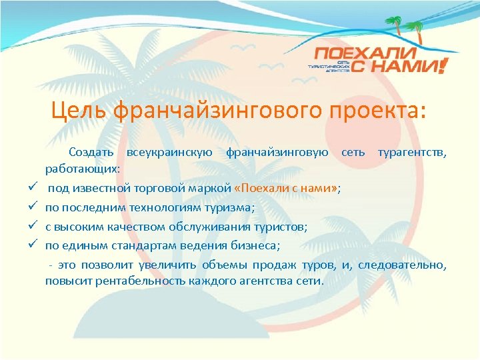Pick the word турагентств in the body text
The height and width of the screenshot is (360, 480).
pos(411,153)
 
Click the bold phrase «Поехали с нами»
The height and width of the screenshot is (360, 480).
pos(287,189)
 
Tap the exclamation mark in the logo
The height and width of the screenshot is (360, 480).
pos(444,65)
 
